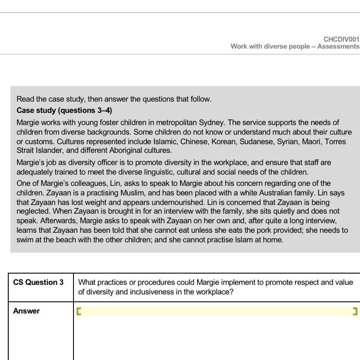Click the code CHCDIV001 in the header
(341, 40)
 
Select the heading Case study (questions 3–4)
(64, 110)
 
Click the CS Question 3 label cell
(38, 283)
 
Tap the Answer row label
(27, 311)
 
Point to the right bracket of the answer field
(355, 311)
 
